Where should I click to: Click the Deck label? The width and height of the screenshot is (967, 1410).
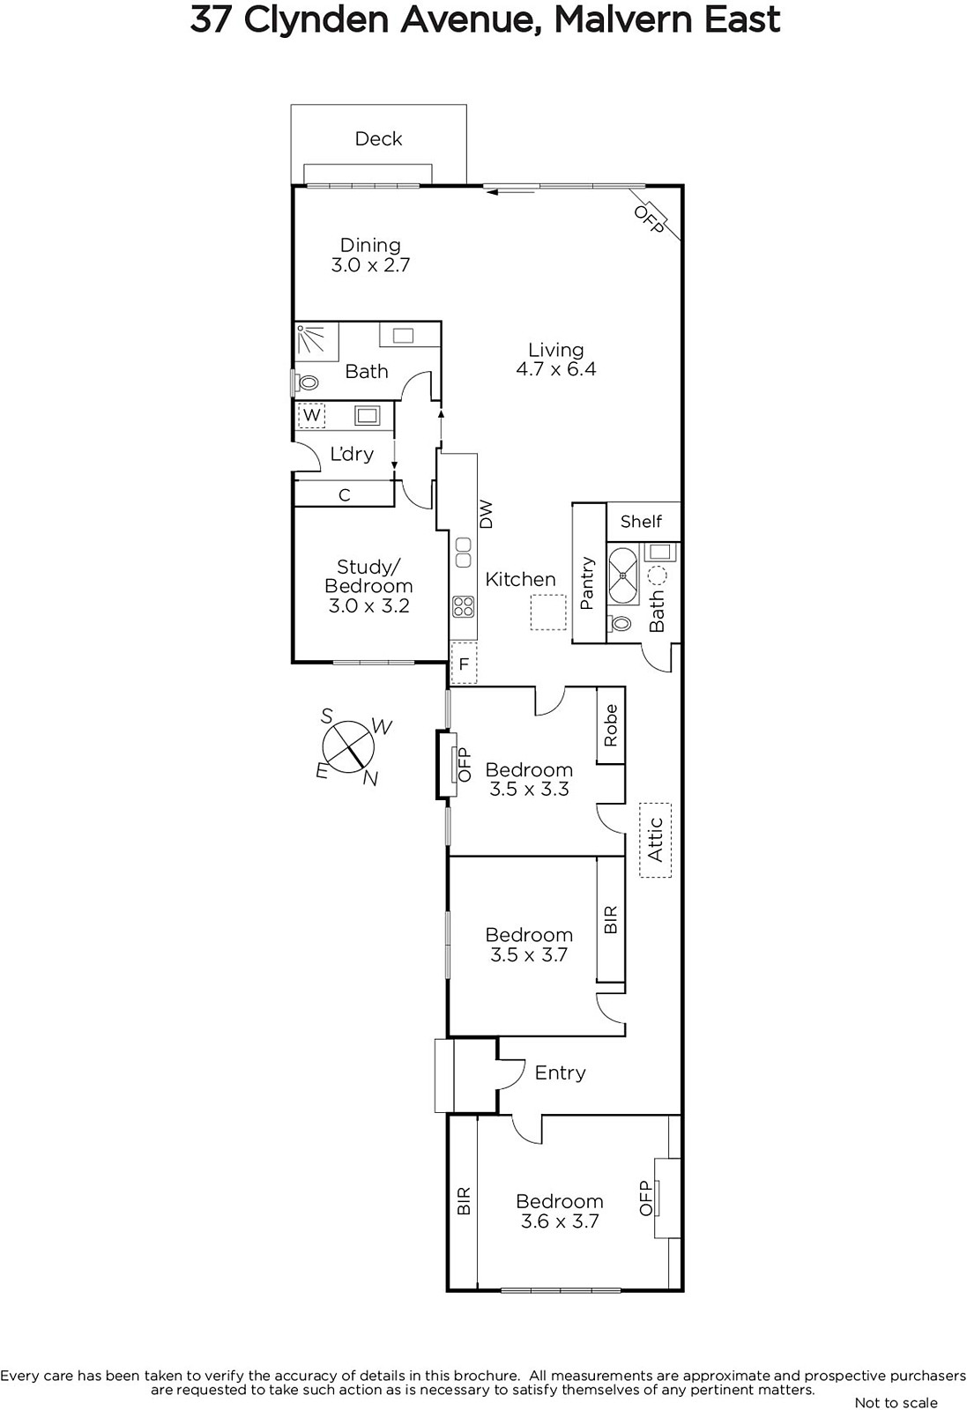(378, 139)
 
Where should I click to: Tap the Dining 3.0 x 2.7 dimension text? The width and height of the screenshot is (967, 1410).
(371, 265)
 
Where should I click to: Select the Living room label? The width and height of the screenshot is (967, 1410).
(556, 350)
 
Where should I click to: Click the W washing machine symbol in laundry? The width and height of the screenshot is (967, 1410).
(312, 415)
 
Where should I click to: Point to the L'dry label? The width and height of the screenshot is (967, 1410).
(352, 454)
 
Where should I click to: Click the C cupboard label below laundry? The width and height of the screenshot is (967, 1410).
(345, 495)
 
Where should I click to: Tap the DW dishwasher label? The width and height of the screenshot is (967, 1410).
(486, 515)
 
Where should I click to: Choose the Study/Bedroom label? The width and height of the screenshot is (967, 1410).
(368, 576)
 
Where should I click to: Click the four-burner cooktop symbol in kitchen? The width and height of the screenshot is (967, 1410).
(463, 606)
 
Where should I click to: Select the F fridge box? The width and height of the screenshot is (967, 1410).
(464, 664)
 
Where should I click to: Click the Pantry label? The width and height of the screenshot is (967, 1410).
(587, 583)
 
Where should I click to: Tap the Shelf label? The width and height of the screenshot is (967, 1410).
(641, 521)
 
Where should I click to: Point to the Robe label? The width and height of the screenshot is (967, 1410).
(611, 726)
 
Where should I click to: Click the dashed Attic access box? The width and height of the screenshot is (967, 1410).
(655, 840)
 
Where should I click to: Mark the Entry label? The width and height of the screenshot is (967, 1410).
(561, 1072)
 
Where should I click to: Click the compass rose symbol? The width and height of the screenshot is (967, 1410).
(348, 746)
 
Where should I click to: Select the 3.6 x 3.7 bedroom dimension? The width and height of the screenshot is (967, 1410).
(560, 1221)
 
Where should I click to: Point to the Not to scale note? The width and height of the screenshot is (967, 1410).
(896, 1402)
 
